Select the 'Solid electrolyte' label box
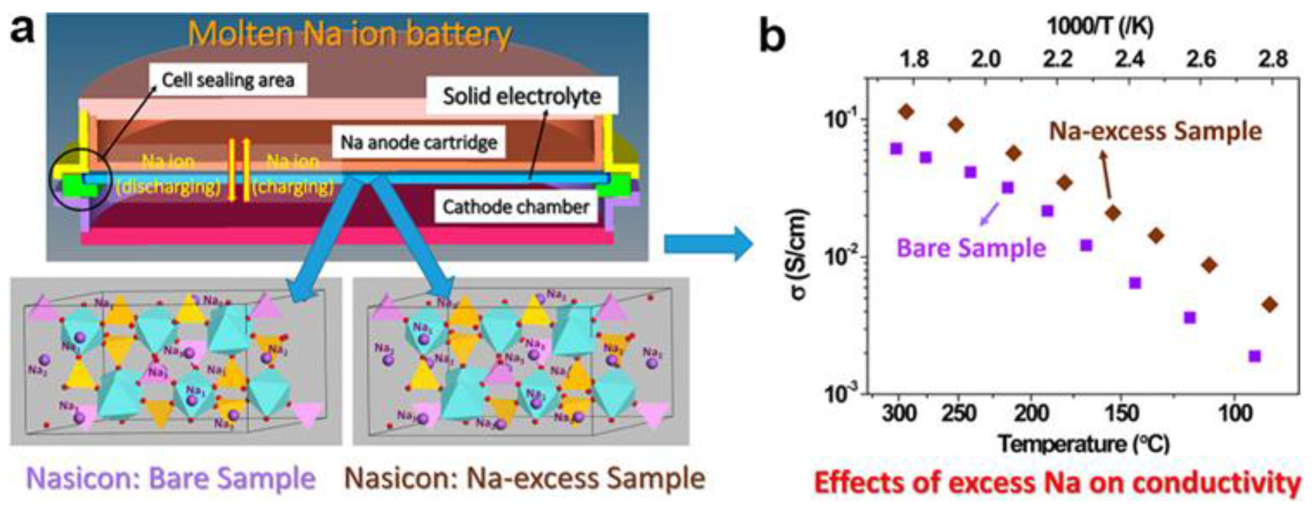(x=521, y=96)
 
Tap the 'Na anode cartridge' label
(x=419, y=143)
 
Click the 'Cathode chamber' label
(x=516, y=207)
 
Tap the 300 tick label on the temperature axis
(x=899, y=413)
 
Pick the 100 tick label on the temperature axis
(x=1235, y=413)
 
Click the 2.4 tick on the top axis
(x=1129, y=60)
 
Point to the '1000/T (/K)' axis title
(x=1100, y=26)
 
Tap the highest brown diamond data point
(x=906, y=111)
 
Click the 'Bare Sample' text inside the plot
(x=971, y=249)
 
